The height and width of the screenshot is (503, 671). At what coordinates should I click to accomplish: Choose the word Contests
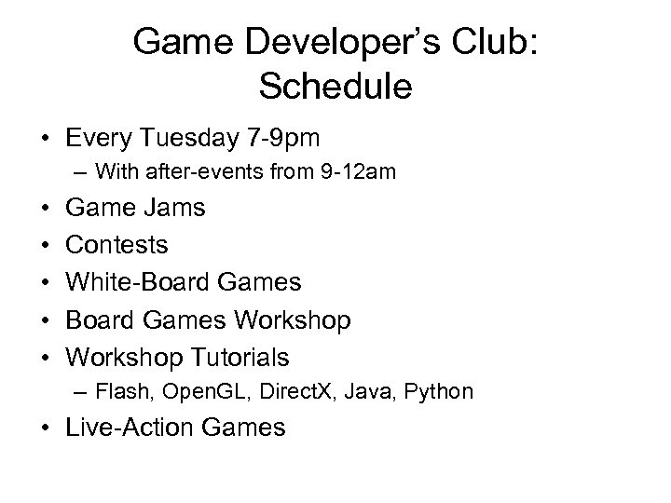117,245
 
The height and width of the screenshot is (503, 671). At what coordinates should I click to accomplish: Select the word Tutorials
243,357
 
